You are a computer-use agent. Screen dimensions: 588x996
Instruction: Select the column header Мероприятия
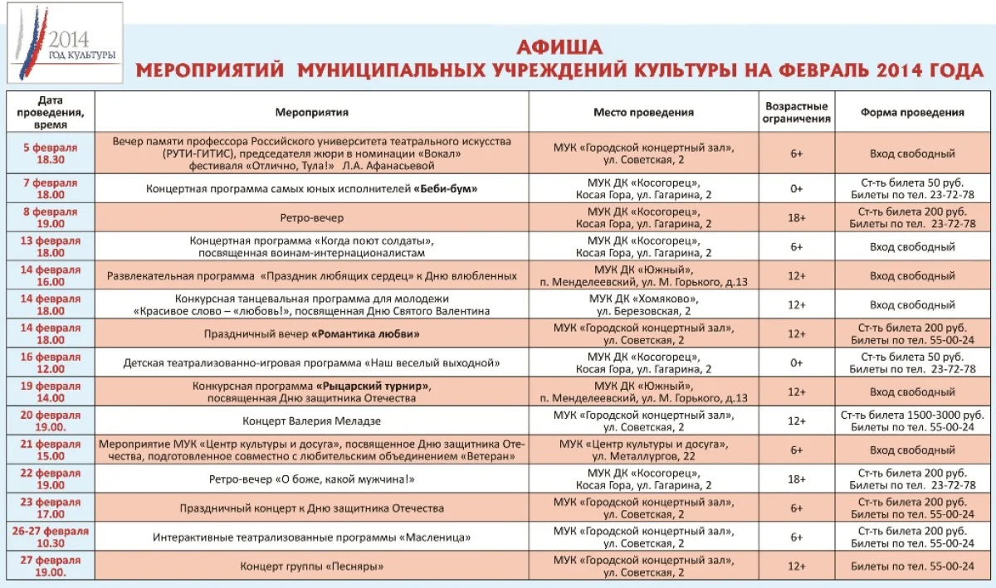(311, 112)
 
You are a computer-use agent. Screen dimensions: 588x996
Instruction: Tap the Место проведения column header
(643, 112)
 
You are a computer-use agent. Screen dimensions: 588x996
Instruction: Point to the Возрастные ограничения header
(797, 112)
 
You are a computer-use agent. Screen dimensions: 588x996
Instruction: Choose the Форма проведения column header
(912, 112)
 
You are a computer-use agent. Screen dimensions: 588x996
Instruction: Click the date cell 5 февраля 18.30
(50, 153)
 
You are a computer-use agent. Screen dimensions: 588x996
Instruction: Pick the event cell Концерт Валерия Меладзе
(311, 420)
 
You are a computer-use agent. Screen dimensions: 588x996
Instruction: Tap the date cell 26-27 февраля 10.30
(50, 537)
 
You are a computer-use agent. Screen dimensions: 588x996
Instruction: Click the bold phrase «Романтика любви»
(365, 334)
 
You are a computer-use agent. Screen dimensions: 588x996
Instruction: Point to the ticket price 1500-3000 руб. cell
(912, 414)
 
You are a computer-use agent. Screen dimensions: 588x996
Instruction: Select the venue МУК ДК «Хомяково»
(643, 299)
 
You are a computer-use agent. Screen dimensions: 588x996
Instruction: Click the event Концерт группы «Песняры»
(311, 566)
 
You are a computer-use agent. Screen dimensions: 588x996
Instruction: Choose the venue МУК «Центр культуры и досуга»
(643, 444)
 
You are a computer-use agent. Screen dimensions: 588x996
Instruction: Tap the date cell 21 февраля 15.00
(50, 450)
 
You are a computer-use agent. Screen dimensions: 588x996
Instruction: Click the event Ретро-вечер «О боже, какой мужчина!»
(311, 479)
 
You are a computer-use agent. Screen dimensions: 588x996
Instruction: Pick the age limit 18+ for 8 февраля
(797, 217)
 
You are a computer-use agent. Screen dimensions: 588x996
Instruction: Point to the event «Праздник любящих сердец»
(311, 275)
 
